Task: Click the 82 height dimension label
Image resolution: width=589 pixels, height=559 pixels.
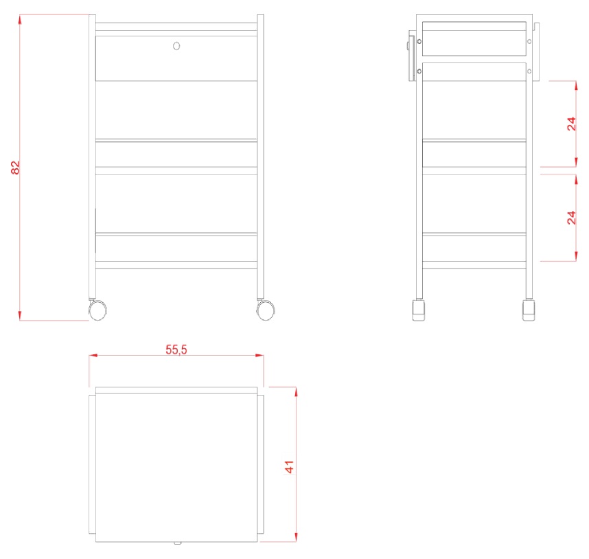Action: [x=15, y=168]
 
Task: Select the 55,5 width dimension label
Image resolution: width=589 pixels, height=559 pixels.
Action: [x=176, y=350]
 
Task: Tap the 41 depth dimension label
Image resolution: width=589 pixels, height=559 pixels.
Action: [x=289, y=467]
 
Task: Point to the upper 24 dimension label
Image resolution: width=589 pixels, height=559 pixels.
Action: [x=571, y=124]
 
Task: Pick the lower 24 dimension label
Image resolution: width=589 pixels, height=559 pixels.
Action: [x=571, y=218]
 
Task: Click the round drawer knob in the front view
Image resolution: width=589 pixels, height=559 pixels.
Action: [x=176, y=46]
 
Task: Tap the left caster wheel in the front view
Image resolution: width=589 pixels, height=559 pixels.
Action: [x=97, y=310]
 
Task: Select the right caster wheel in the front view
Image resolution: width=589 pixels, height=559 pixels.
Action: [x=266, y=310]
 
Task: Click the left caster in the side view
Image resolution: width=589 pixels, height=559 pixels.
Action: [x=419, y=310]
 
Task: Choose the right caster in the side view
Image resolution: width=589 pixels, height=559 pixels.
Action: [x=529, y=310]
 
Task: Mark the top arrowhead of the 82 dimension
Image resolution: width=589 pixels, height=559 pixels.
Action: [x=20, y=19]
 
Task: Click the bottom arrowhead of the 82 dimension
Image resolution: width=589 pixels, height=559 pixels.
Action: [x=20, y=316]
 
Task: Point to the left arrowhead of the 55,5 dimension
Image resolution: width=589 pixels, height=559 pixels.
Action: [x=93, y=355]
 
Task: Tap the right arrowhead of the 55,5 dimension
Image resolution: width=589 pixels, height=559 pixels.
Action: [x=259, y=355]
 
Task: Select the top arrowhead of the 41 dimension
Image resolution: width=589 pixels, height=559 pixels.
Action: [x=297, y=391]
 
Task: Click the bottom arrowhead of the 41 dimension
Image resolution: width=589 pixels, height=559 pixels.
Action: [x=297, y=537]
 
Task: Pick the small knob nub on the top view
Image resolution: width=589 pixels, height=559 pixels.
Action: [x=177, y=543]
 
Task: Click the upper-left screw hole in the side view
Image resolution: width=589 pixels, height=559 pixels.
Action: [x=419, y=41]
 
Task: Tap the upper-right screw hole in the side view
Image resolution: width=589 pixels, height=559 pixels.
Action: [x=529, y=41]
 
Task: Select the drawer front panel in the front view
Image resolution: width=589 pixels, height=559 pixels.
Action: [x=176, y=58]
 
